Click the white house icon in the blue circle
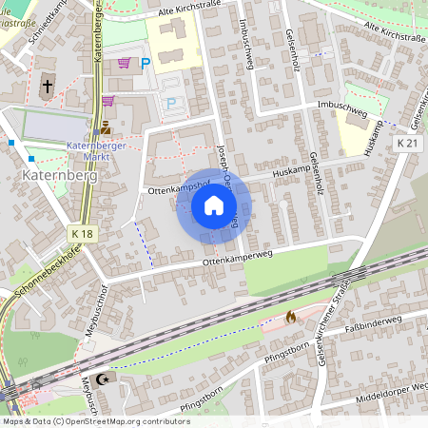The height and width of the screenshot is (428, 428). (x=214, y=205)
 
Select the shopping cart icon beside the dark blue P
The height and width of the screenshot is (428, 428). (x=125, y=64)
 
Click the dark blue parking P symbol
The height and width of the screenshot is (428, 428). (x=146, y=65)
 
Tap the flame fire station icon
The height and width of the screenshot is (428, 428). (x=290, y=317)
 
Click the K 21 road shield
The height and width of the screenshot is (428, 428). (x=408, y=142)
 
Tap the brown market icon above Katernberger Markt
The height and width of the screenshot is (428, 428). (x=106, y=127)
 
